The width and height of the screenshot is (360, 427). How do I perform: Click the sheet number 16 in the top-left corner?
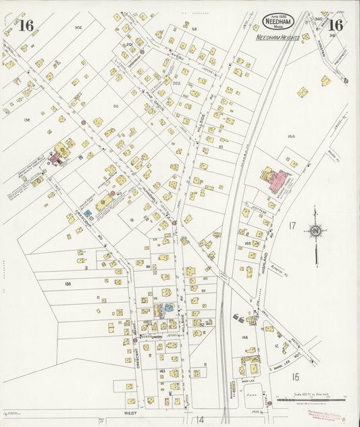[x=26, y=26]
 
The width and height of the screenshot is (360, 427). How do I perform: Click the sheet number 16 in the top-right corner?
[x=336, y=26]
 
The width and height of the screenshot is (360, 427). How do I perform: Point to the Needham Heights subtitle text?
[x=278, y=39]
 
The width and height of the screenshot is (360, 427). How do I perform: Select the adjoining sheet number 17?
[x=292, y=225]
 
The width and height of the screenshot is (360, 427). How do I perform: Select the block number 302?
[x=78, y=28]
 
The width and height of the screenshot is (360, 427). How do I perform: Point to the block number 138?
[x=68, y=284]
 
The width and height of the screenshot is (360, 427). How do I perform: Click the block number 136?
[x=26, y=120]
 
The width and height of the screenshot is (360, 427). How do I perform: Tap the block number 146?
[x=245, y=336]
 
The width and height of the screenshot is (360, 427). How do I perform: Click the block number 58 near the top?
[x=194, y=29]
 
